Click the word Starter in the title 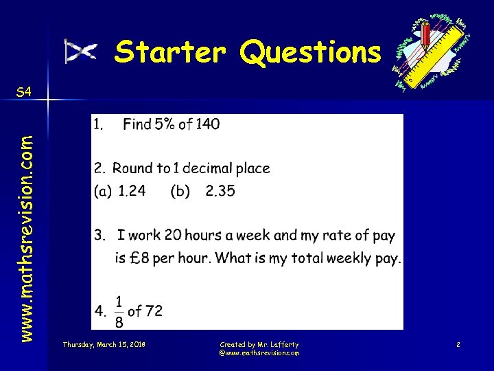pyautogui.click(x=170, y=52)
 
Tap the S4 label pyautogui.click(x=23, y=92)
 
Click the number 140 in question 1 pyautogui.click(x=207, y=124)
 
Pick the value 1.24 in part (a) pyautogui.click(x=132, y=191)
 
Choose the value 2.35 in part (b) pyautogui.click(x=220, y=191)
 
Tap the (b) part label pyautogui.click(x=180, y=192)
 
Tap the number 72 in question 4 pyautogui.click(x=154, y=311)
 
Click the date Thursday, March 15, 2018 pyautogui.click(x=104, y=344)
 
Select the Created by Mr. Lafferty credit pyautogui.click(x=259, y=344)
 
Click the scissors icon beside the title pyautogui.click(x=80, y=52)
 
